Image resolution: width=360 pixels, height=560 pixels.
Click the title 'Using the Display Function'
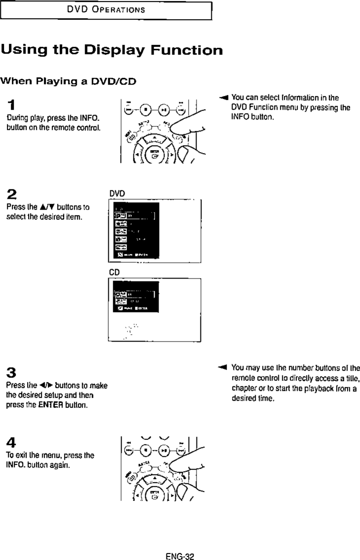[x=111, y=50]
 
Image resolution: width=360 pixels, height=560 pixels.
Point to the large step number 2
[x=11, y=193]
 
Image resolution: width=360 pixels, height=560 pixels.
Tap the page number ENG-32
[x=180, y=557]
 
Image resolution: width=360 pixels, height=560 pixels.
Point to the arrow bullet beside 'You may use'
[x=222, y=368]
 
